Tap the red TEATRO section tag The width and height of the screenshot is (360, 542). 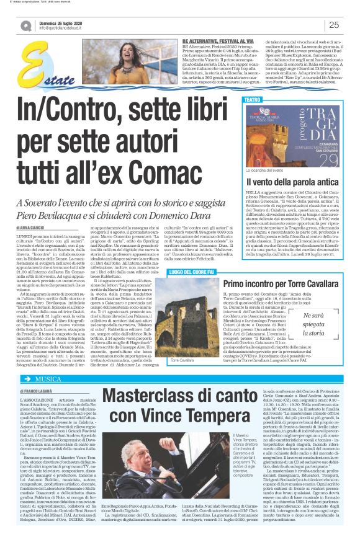253,99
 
